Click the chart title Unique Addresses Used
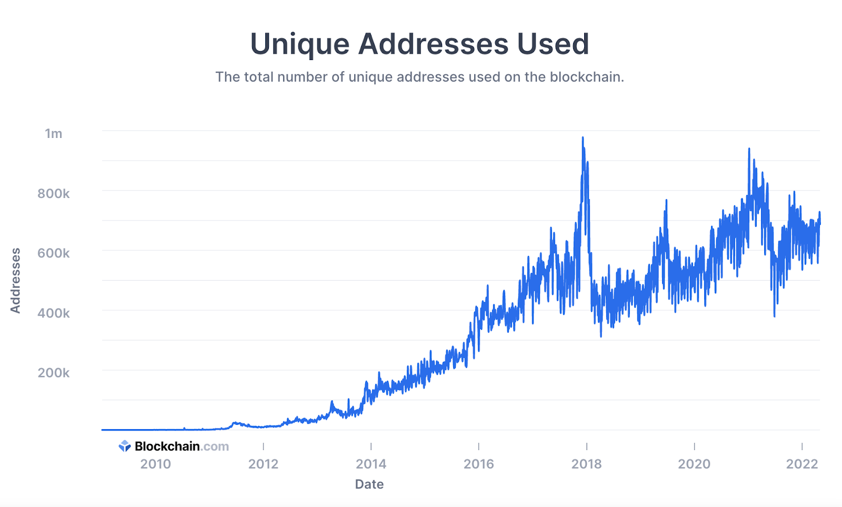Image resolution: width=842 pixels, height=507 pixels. [419, 44]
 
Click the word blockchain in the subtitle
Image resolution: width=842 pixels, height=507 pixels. [586, 77]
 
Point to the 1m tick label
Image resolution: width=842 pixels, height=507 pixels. [54, 134]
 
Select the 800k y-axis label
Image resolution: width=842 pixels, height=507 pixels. [53, 194]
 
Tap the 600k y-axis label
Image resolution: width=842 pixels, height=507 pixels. [53, 253]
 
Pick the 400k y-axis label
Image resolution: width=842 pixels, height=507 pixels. [53, 313]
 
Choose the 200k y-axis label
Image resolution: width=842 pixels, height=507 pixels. [53, 373]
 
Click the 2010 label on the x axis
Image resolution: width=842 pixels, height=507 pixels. [155, 464]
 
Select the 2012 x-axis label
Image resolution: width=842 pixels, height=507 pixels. [263, 464]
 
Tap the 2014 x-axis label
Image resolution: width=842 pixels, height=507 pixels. [371, 464]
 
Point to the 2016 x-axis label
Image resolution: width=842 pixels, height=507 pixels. [478, 464]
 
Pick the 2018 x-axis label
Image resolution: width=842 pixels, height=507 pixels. [586, 464]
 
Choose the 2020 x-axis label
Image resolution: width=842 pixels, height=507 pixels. [694, 464]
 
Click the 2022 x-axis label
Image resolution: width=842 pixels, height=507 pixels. [802, 464]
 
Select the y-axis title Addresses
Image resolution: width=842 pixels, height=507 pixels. [15, 280]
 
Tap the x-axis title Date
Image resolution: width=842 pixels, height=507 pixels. [369, 484]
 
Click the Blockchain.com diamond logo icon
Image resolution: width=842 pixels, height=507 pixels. [125, 446]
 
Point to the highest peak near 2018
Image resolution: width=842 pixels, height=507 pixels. [583, 138]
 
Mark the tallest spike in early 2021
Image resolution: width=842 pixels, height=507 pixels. [749, 149]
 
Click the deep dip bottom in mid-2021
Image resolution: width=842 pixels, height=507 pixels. [774, 316]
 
